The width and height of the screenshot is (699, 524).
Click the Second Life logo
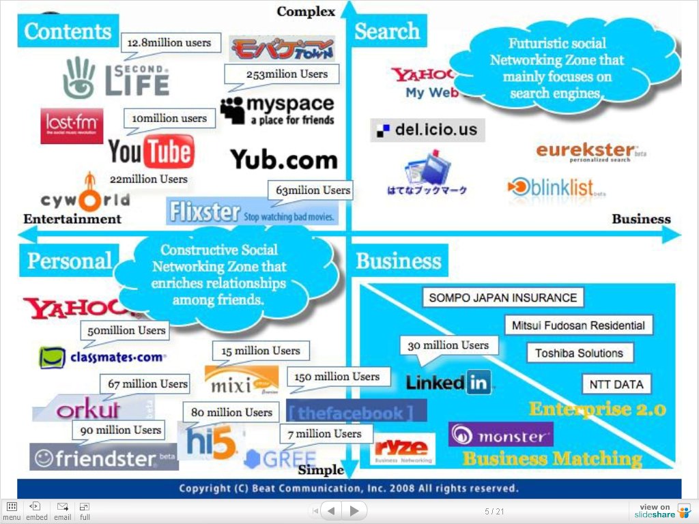116,77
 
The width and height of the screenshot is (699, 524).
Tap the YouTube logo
151,151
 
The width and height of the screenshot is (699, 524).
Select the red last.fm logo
72,126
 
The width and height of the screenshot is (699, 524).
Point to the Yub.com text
284,160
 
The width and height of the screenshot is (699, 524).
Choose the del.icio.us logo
427,130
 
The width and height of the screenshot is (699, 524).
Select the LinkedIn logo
448,383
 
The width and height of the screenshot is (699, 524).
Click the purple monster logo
500,435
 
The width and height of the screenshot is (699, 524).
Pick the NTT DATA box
616,384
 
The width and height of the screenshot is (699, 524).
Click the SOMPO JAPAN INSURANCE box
503,297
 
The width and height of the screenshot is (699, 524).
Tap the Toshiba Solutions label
579,353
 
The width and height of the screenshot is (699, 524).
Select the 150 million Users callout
337,377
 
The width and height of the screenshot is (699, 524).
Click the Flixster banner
253,212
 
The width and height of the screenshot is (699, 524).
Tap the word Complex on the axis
306,11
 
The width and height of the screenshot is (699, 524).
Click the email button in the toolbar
62,511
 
